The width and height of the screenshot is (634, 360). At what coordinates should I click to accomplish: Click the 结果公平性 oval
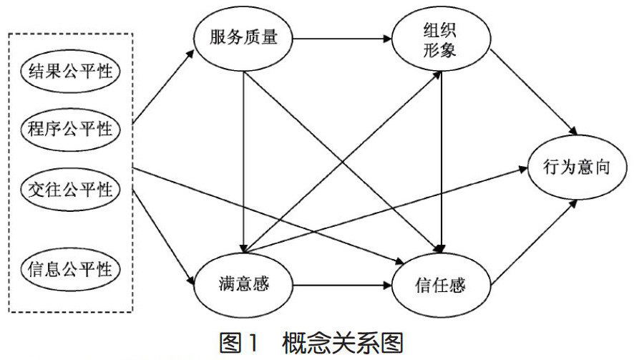click(71, 72)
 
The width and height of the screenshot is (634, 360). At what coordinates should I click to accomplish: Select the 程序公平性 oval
click(71, 130)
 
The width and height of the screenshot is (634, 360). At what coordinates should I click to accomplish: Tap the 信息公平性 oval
click(71, 270)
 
